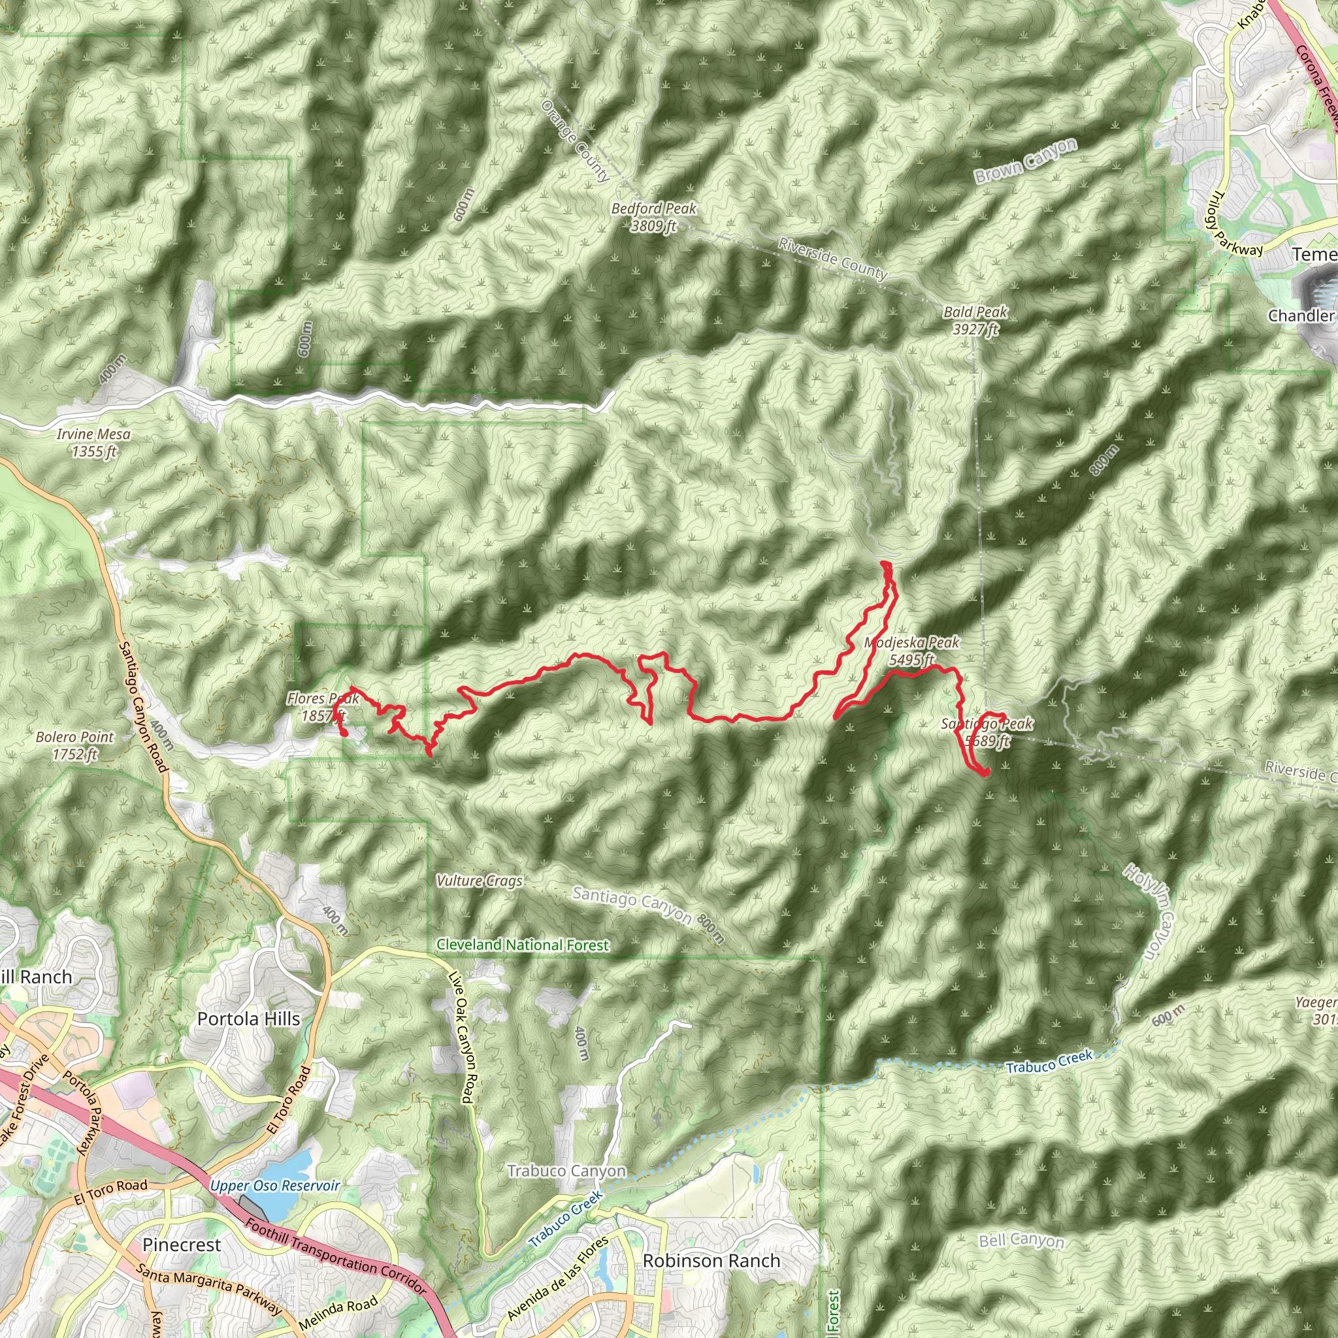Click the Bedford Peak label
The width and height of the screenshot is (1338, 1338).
(653, 217)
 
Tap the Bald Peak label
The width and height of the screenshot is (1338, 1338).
(975, 320)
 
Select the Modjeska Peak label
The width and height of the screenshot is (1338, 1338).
(912, 651)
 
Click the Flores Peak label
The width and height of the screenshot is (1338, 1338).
(323, 706)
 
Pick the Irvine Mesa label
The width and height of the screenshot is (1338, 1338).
(93, 442)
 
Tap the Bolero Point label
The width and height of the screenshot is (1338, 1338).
(74, 745)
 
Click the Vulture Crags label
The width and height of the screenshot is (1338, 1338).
(480, 881)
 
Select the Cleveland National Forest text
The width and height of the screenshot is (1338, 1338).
(522, 945)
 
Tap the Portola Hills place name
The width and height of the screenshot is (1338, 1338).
(249, 1019)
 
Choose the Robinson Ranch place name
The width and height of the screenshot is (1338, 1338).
(711, 1260)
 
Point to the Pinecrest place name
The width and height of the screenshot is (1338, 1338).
(182, 1245)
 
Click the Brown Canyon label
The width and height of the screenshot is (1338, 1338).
(1026, 161)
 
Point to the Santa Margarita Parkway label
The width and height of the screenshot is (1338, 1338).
(209, 1290)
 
